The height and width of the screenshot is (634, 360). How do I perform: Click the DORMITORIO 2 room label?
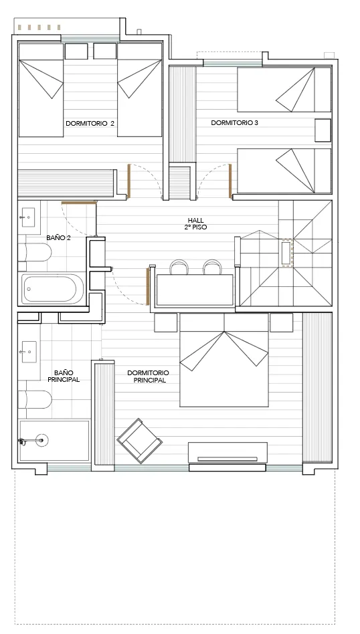coord(90,123)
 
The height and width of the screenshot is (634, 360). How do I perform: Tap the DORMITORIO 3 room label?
coord(235,122)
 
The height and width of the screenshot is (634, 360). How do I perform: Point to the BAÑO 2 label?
coord(59,238)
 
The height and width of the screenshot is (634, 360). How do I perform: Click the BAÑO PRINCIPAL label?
coord(64,376)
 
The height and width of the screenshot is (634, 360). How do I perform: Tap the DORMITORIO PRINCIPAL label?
coord(148,377)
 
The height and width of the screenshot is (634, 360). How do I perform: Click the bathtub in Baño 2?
coord(53,289)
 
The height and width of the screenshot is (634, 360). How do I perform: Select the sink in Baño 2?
coord(28,218)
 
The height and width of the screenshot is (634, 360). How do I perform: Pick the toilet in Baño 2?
coord(35,253)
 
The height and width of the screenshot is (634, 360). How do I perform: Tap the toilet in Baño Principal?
coord(35,399)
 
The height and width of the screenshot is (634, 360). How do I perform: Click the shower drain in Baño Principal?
coord(41,440)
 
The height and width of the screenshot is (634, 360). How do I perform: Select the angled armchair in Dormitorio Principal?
coord(140,441)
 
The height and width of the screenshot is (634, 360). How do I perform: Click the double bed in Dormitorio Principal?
coord(224,360)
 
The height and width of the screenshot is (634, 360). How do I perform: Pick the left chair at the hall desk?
coord(179,268)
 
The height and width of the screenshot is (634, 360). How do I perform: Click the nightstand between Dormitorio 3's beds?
coord(323,130)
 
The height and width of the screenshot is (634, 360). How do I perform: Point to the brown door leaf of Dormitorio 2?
coord(129,181)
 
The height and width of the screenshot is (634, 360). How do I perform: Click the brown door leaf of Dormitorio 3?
coord(230,181)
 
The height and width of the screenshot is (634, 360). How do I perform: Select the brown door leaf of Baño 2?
coord(78,202)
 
